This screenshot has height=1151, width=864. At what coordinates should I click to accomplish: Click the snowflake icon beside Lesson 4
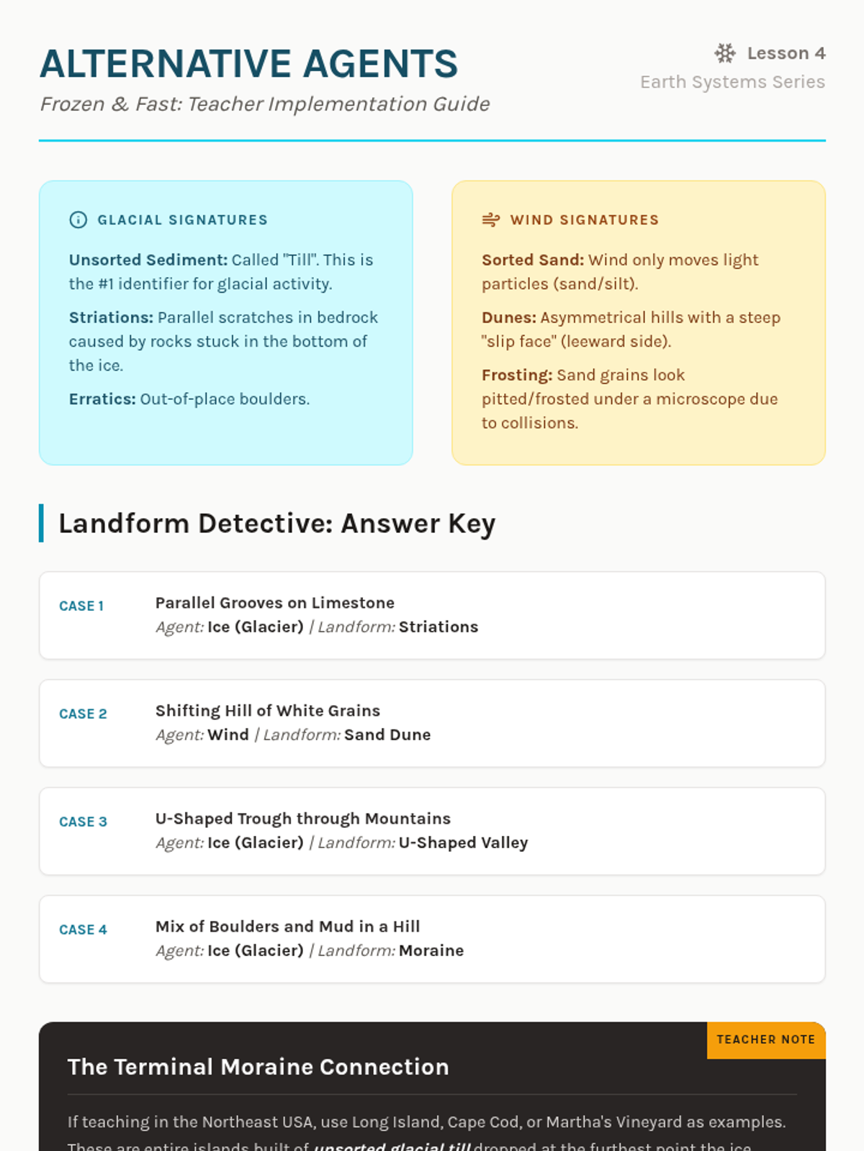725,53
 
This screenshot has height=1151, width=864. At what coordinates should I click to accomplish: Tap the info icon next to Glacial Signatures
78,220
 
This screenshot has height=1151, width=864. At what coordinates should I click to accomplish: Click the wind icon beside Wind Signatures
491,220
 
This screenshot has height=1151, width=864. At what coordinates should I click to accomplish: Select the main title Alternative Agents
248,64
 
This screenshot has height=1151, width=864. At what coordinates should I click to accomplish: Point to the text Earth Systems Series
732,82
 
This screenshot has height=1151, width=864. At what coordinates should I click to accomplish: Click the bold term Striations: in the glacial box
111,318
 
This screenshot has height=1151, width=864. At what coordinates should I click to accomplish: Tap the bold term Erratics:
102,399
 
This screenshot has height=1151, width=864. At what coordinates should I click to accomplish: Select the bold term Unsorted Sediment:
148,260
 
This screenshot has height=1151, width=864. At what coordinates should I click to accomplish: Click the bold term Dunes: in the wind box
509,318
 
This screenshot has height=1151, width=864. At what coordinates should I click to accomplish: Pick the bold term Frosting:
517,376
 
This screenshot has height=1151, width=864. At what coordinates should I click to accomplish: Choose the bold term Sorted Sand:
533,260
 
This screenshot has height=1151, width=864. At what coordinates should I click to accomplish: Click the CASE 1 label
81,606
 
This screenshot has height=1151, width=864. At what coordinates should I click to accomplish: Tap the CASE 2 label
83,714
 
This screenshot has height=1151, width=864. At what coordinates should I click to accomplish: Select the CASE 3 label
83,822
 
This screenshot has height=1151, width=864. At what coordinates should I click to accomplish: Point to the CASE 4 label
83,930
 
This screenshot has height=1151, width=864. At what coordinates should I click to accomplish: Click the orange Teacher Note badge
765,1040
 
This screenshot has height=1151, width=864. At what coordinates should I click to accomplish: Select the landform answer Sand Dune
387,735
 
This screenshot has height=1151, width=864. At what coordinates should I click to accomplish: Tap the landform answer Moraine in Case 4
431,951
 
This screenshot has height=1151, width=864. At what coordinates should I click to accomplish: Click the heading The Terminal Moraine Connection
258,1067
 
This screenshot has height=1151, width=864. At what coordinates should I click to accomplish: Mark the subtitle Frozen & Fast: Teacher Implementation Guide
265,104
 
